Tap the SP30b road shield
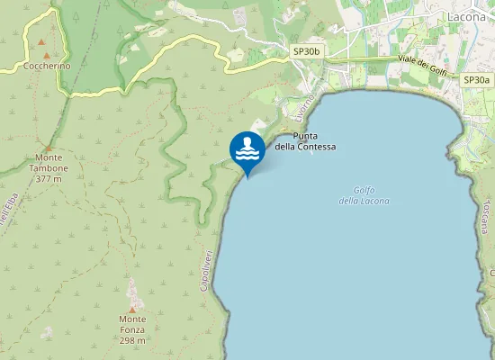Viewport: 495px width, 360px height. (x=307, y=53)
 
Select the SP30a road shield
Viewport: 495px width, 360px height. (x=477, y=80)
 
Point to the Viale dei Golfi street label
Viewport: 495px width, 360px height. (x=423, y=63)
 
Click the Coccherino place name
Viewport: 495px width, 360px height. (x=42, y=67)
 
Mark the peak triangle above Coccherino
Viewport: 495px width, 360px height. (x=41, y=42)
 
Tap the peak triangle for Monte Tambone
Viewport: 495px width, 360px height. (x=49, y=147)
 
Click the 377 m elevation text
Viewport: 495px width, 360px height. (x=49, y=179)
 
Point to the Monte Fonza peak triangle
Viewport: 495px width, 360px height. (x=132, y=309)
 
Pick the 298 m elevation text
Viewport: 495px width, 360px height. (x=132, y=341)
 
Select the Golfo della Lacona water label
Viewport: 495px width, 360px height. (x=364, y=194)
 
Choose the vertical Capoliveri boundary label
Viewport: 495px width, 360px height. (x=205, y=269)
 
